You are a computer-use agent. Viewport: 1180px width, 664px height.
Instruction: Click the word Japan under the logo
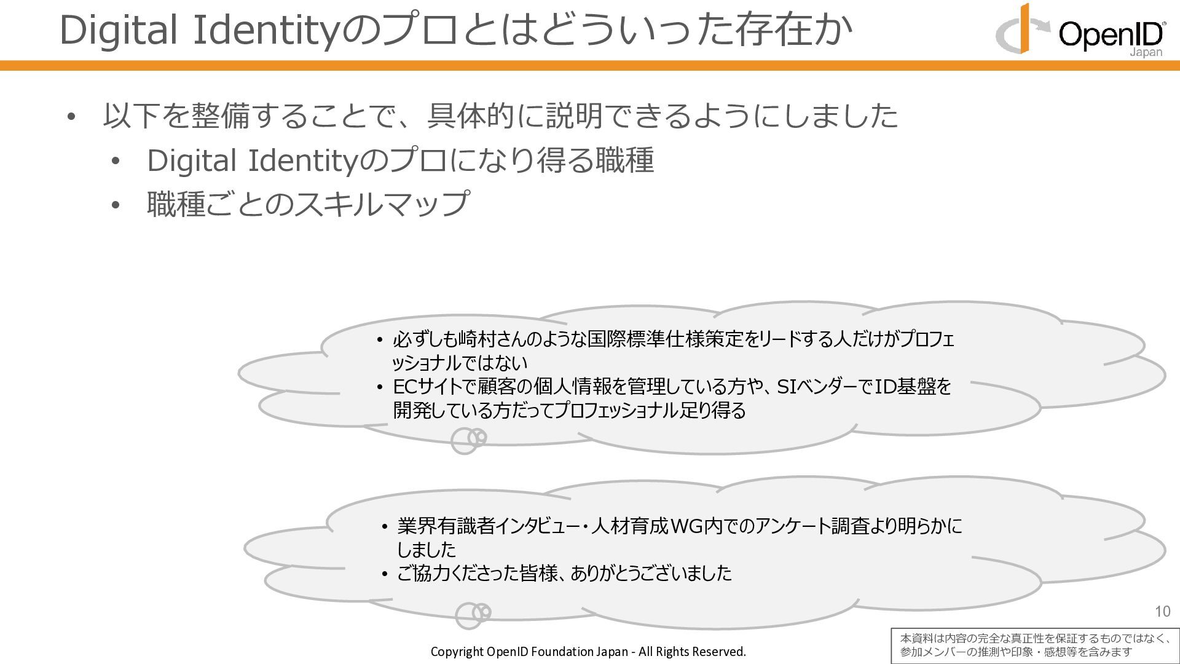tap(1146, 53)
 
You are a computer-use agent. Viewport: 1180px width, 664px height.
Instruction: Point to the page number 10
tap(1162, 611)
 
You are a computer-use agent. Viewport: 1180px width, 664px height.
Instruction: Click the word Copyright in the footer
tap(457, 652)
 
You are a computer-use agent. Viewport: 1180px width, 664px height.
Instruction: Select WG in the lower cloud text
tap(687, 526)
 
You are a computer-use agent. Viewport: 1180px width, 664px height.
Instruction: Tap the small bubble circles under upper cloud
tap(468, 440)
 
